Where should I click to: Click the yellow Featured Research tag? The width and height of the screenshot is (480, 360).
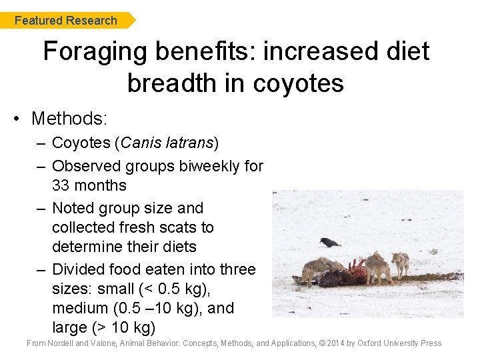point(67,21)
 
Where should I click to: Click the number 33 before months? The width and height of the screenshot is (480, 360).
point(62,185)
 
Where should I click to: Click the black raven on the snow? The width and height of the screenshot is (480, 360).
point(329,243)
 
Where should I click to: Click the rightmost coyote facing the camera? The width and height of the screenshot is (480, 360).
point(401,263)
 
